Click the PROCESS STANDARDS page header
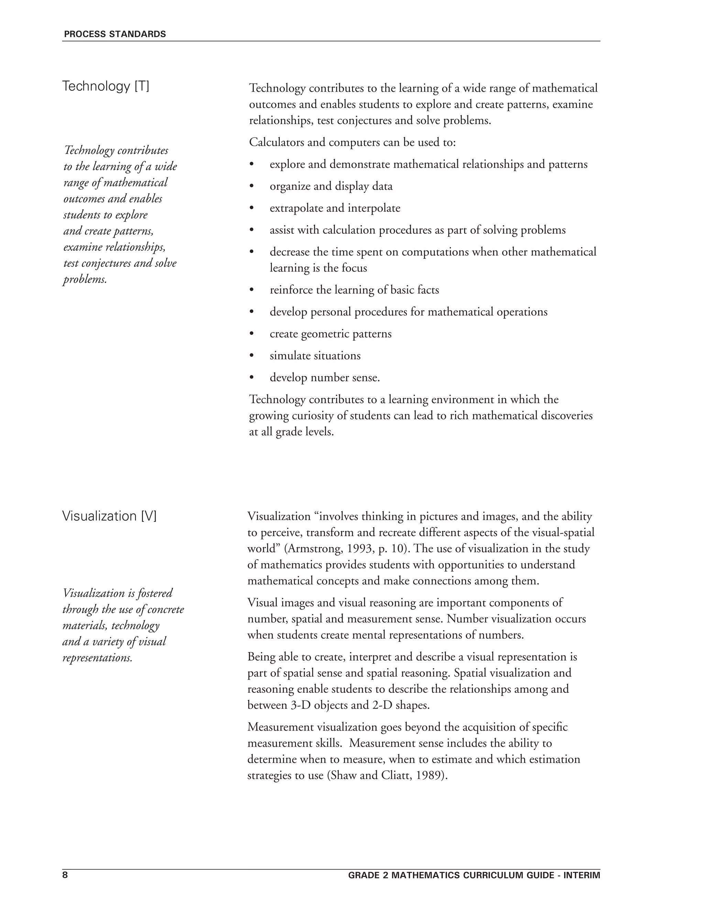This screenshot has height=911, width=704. (x=115, y=34)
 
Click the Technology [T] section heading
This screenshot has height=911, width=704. (x=106, y=86)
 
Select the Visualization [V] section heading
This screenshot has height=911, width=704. (x=109, y=516)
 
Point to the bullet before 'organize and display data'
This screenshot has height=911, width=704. (x=252, y=186)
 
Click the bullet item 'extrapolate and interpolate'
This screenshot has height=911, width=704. (x=334, y=208)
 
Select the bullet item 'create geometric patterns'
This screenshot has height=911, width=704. (x=330, y=334)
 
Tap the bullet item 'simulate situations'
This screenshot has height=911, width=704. (x=315, y=356)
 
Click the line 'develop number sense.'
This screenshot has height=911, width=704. (x=324, y=378)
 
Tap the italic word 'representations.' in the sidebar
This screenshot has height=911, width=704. (x=97, y=658)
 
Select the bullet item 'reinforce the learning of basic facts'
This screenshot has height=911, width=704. (x=354, y=290)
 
